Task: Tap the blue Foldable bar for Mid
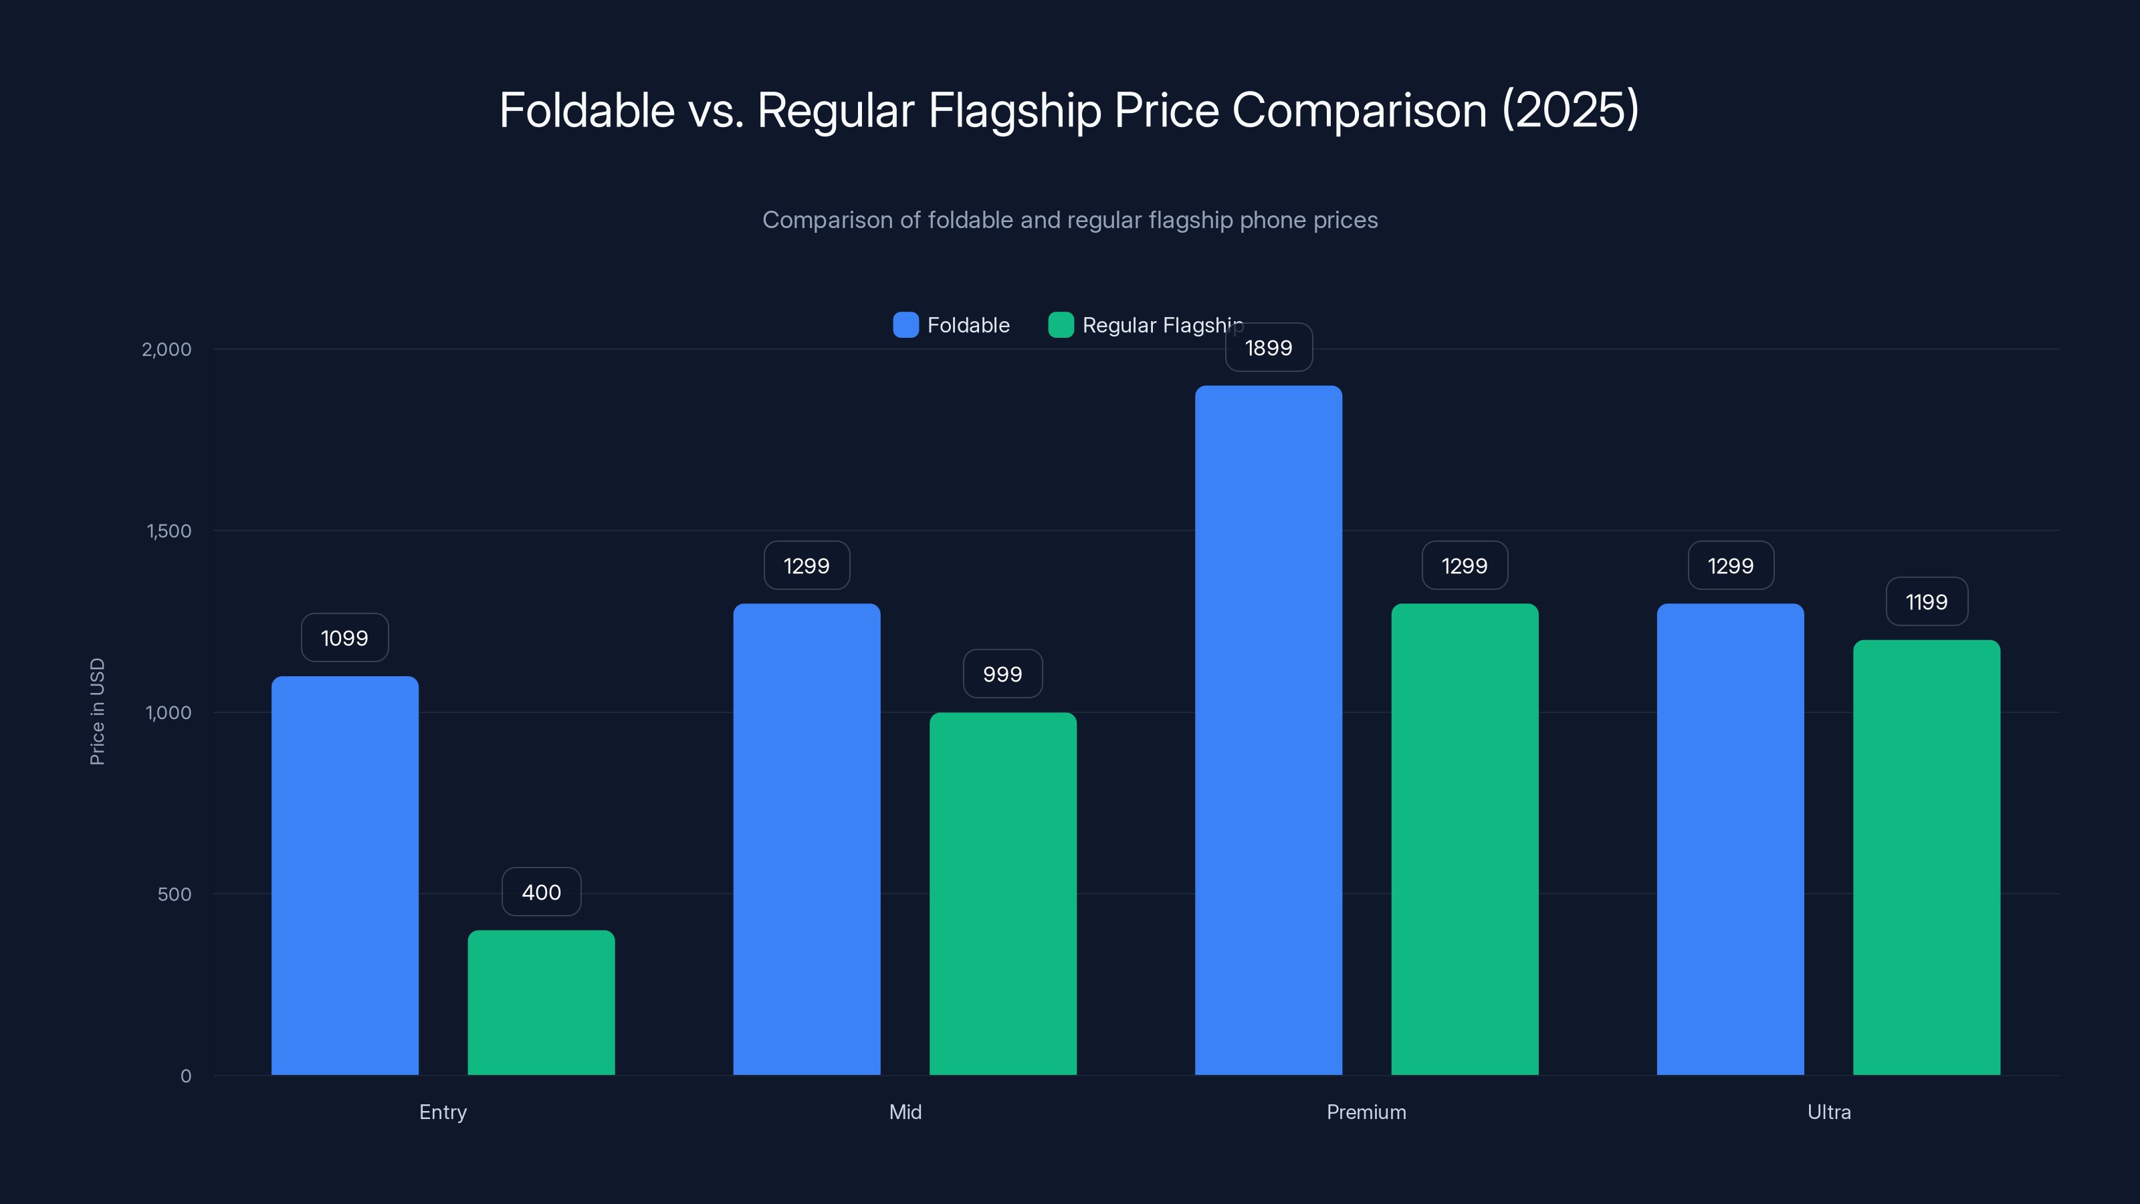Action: [807, 839]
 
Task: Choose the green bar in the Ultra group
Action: [1927, 857]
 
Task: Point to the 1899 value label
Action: [1269, 347]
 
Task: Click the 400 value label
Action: [541, 892]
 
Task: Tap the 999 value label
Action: [1002, 674]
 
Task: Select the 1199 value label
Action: [1927, 601]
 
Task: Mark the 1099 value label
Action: [345, 637]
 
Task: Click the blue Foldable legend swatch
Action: [905, 325]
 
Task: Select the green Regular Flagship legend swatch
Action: [1061, 325]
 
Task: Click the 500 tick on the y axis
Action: [175, 894]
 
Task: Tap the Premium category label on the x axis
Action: [1366, 1112]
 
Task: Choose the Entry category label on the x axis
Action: [443, 1112]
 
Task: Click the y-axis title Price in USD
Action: [97, 711]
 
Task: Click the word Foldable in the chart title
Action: [586, 110]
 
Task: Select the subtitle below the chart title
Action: [1070, 219]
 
